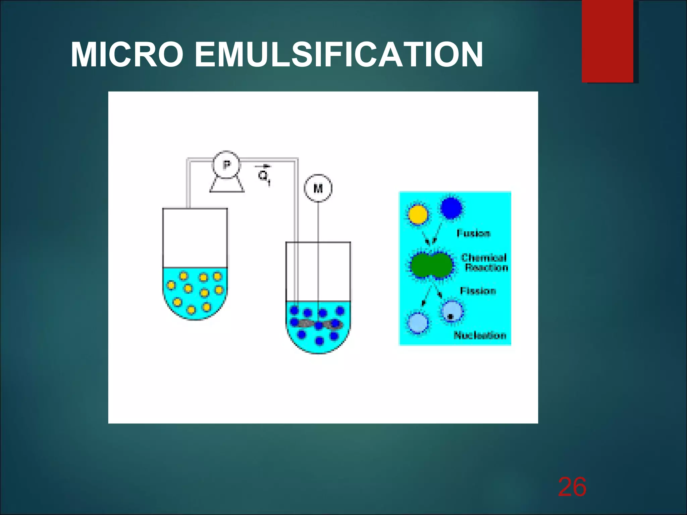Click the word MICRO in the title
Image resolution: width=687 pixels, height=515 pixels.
coord(127,55)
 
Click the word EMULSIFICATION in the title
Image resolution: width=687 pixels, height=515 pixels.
coord(338,55)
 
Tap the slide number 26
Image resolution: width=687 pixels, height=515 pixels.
coord(572,487)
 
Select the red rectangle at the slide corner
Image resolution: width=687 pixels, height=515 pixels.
coord(607,41)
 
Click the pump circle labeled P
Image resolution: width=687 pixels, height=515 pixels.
coord(226,165)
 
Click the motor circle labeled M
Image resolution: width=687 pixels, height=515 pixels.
coord(318,188)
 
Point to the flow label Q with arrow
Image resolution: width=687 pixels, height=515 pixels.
coord(264,174)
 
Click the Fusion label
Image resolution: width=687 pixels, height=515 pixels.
coord(473,233)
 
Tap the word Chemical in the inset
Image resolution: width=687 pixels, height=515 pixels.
coord(484,257)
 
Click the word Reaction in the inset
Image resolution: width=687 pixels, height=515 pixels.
coord(486,268)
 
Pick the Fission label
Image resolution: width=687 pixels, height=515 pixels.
coord(478,291)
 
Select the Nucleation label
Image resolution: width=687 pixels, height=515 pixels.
coord(480,335)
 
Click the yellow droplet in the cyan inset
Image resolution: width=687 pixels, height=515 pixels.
coord(418,214)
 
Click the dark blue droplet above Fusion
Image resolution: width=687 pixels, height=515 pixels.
coord(451,208)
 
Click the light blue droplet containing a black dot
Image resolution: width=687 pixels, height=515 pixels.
coord(452,311)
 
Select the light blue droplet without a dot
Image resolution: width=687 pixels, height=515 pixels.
coord(418,323)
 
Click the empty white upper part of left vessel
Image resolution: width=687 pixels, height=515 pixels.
coord(195,238)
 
